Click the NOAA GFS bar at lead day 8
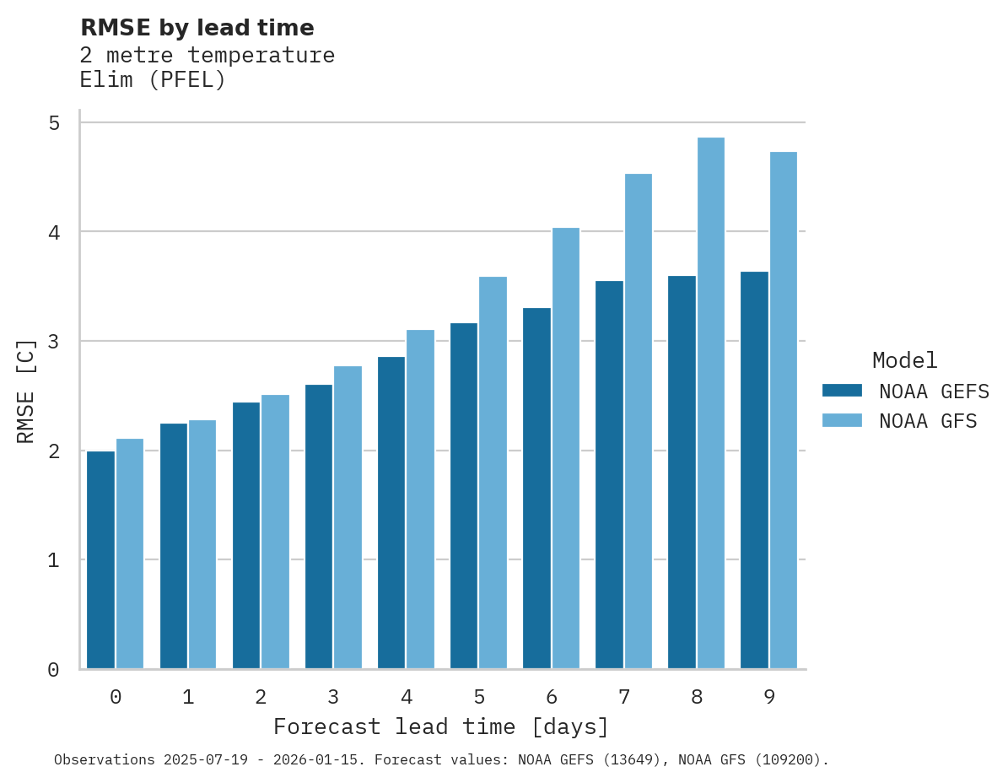[x=710, y=403]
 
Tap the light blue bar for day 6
[x=565, y=448]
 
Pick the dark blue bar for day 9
[x=754, y=470]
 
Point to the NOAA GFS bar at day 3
[x=348, y=517]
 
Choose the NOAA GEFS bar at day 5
[x=463, y=495]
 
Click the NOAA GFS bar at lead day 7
[x=638, y=421]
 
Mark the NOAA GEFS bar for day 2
[x=246, y=535]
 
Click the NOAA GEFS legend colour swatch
[x=842, y=391]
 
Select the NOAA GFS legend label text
[x=927, y=421]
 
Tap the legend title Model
[x=904, y=361]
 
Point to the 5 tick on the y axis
[x=53, y=123]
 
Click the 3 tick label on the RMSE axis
[x=53, y=342]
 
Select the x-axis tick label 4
[x=406, y=698]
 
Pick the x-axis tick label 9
[x=769, y=698]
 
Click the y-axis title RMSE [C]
[x=27, y=391]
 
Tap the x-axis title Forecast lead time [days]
[x=440, y=727]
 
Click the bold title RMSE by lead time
[x=197, y=28]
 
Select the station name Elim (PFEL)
[x=153, y=81]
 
